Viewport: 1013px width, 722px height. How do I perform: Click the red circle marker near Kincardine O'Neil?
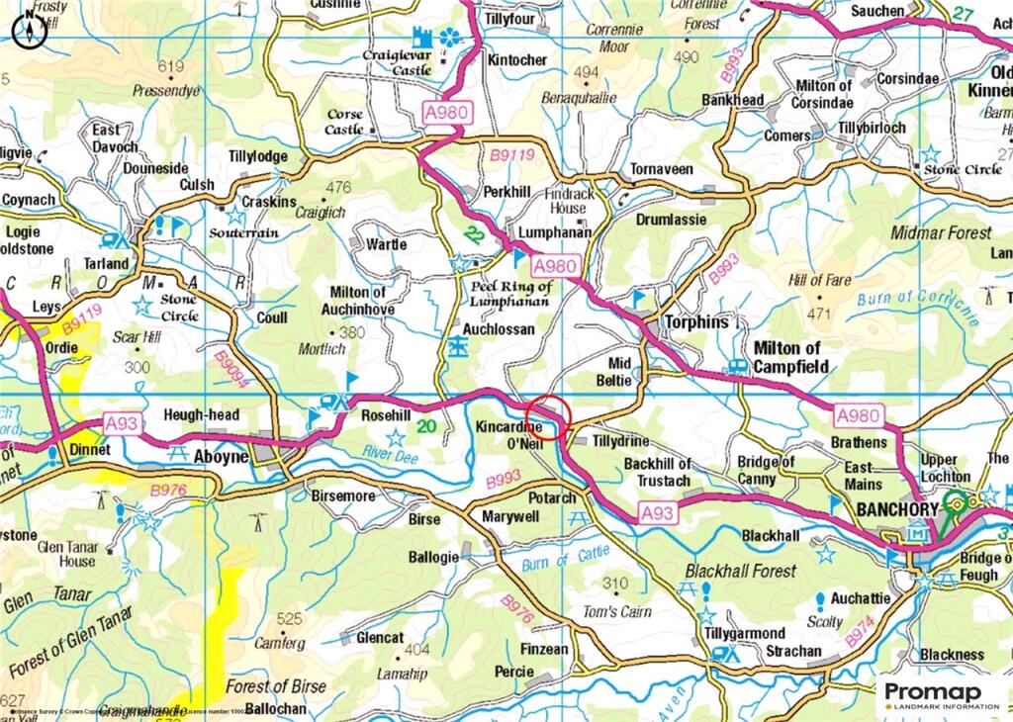tap(548, 415)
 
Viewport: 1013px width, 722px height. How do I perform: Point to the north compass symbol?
tap(28, 31)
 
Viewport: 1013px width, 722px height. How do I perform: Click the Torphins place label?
tap(695, 322)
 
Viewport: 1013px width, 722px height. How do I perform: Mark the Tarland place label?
tap(106, 263)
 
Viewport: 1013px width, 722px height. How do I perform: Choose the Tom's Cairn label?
tap(617, 611)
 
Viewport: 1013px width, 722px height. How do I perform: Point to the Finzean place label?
tap(544, 650)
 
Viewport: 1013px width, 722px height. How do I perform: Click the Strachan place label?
tap(793, 652)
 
